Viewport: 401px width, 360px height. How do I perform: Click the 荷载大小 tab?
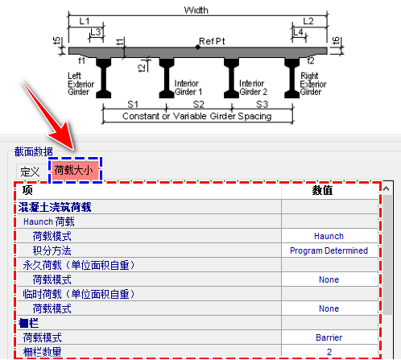(x=75, y=170)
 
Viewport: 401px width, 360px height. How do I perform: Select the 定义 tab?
(x=30, y=172)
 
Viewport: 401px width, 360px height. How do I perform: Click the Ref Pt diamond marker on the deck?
(x=198, y=48)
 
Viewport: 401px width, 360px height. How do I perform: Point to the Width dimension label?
(x=196, y=10)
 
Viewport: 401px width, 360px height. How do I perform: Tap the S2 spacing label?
(x=199, y=104)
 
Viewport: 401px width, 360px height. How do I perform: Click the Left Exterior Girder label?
(x=81, y=84)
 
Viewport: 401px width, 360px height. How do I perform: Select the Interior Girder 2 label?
(x=253, y=88)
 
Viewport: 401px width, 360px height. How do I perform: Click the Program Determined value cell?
(x=329, y=250)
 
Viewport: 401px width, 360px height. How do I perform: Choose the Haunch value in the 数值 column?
(x=329, y=236)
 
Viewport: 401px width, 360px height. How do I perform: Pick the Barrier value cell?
(x=329, y=337)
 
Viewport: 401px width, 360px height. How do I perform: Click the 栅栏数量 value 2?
(x=329, y=352)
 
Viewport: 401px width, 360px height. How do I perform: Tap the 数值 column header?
(x=322, y=190)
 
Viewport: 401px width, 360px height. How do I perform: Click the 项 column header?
(x=27, y=190)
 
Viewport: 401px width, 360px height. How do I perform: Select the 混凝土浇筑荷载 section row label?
(x=55, y=207)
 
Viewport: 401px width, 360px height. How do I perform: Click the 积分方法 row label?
(x=52, y=250)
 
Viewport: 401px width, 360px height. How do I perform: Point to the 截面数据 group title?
(x=34, y=151)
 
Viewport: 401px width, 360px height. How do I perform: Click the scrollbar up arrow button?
(x=387, y=188)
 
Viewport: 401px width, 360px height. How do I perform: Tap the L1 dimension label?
(x=85, y=21)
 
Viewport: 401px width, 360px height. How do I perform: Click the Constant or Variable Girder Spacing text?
(x=197, y=116)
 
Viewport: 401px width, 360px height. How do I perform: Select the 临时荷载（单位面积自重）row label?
(x=79, y=294)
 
